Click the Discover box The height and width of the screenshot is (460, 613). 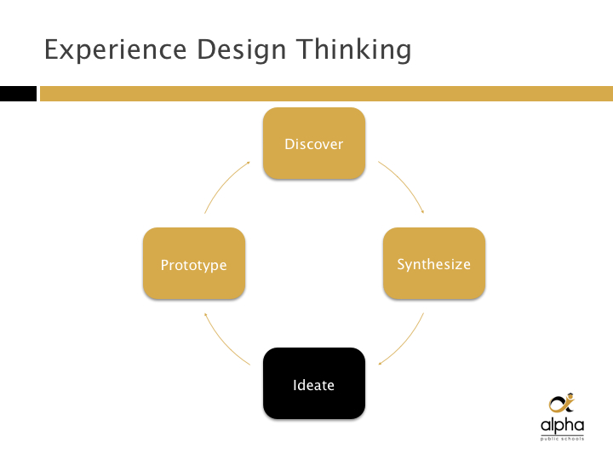coord(314,143)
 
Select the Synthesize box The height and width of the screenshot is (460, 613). coord(434,263)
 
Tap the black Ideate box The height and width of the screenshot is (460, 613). coord(314,383)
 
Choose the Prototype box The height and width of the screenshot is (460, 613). coord(194,263)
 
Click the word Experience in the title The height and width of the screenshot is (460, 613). coord(115,49)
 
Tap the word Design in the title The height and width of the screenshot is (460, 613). coord(241,49)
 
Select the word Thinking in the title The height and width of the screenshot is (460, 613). coord(353,49)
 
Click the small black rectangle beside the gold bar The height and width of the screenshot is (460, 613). coord(18,94)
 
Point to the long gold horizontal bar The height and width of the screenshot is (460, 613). coord(326,94)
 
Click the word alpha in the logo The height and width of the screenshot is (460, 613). coord(562,425)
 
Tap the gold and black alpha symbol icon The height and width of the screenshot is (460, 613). coord(562,403)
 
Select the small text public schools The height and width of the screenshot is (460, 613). coord(562,439)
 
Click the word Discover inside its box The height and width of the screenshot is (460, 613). coord(314,144)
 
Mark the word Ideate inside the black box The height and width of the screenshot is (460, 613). coord(313,385)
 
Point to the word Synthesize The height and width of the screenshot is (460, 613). coord(434,264)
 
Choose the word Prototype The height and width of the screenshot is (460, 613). coord(194,265)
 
